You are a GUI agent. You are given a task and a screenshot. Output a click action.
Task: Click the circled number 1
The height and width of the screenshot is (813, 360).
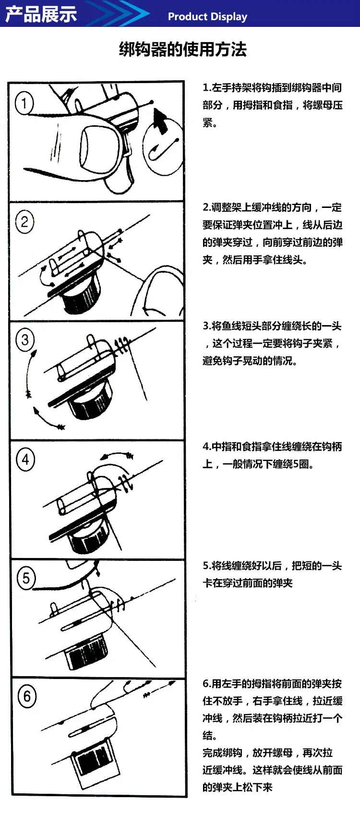click(x=24, y=103)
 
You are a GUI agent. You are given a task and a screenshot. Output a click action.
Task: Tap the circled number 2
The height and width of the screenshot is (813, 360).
click(x=24, y=221)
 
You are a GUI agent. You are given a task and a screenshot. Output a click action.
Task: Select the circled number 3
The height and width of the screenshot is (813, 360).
click(x=24, y=340)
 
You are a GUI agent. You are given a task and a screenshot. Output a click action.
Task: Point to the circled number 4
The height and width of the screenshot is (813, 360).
click(x=25, y=460)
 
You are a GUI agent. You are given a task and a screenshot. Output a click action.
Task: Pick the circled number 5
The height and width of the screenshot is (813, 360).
click(x=26, y=578)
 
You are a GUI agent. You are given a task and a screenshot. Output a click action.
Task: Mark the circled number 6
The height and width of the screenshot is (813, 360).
click(x=27, y=696)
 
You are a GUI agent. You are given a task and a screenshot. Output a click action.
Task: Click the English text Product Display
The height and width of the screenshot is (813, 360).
click(x=207, y=16)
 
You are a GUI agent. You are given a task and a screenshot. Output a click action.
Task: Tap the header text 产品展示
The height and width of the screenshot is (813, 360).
click(x=41, y=14)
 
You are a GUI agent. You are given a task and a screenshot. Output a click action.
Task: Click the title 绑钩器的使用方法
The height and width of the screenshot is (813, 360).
click(x=183, y=49)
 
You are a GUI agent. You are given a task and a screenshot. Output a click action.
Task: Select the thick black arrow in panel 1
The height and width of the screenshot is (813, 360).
click(x=159, y=120)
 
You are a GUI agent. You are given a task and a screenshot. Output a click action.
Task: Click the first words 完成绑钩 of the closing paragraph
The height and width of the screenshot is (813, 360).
click(x=222, y=753)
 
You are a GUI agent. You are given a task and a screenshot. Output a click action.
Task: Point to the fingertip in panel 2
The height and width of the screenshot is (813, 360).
click(x=160, y=291)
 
